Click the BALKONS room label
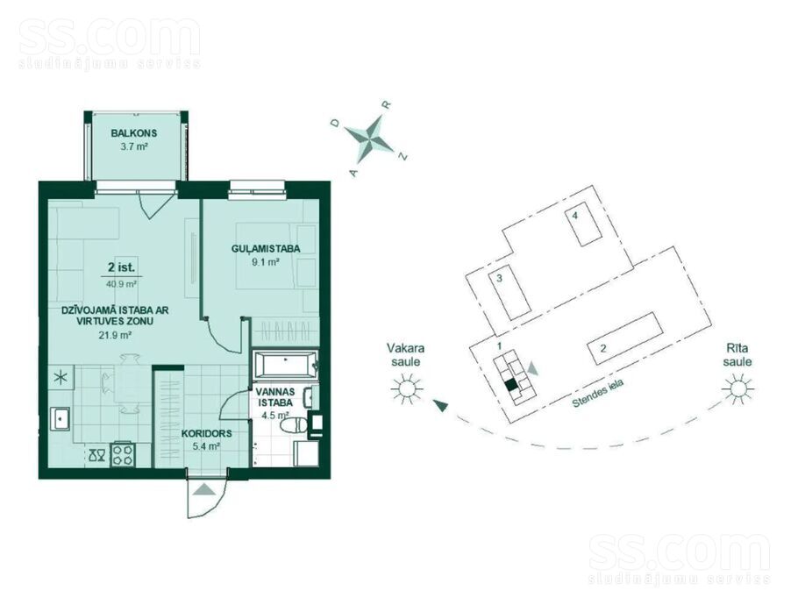point(134,133)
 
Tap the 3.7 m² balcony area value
point(134,147)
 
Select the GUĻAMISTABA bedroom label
point(266,249)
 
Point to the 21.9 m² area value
point(116,335)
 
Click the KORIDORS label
point(207,434)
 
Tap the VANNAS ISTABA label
point(275,397)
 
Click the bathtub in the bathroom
point(286,366)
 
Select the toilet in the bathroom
point(294,425)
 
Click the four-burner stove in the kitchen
point(123,454)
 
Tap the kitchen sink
point(61,419)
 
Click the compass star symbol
point(370,138)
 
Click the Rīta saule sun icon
point(737,389)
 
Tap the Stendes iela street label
point(598,394)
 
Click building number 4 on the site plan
point(587,224)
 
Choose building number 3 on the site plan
point(510,292)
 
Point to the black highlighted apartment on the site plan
point(511,385)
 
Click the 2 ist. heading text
point(121,267)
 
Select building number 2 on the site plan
point(625,338)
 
